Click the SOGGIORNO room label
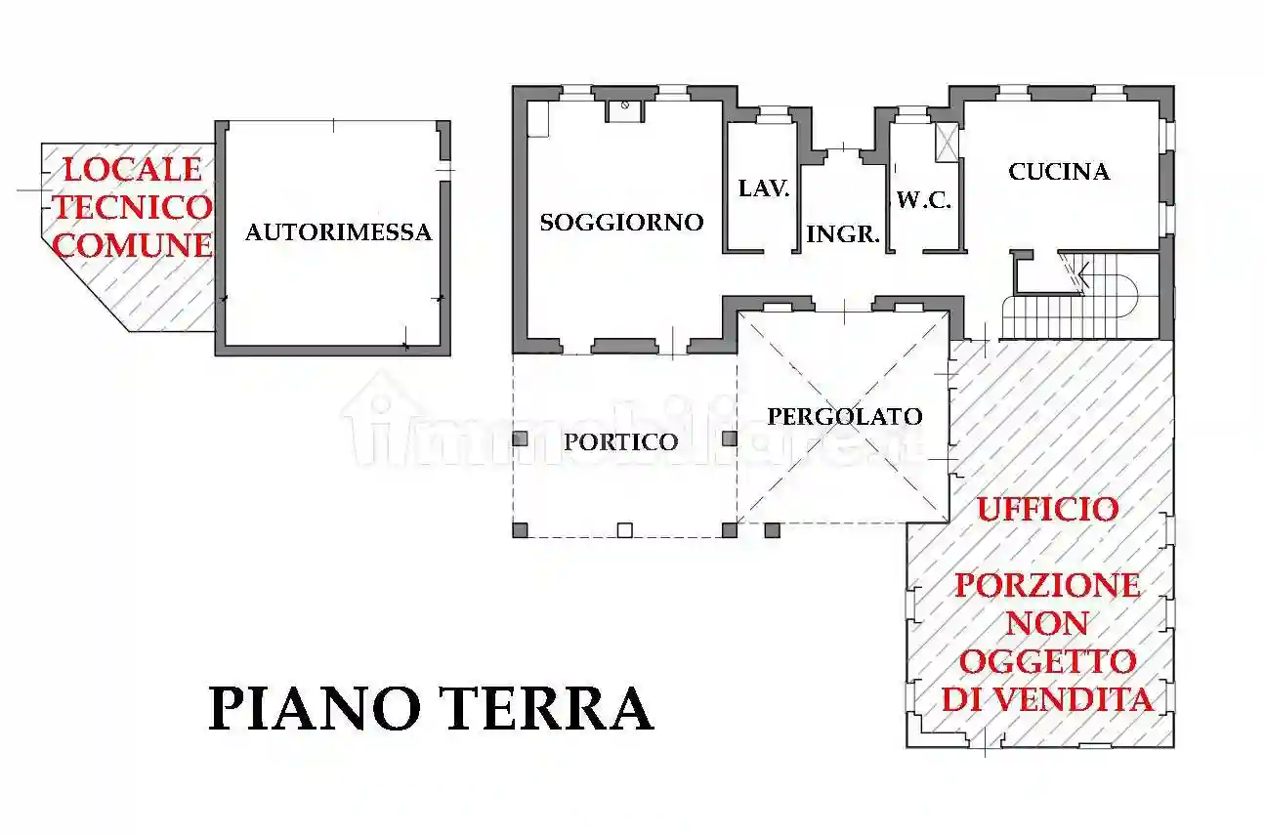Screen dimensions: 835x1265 click(621, 223)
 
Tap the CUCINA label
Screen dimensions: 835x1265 click(1059, 172)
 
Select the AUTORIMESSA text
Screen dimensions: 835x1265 click(338, 232)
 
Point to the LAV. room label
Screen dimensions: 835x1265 click(763, 188)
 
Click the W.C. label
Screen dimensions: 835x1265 click(923, 200)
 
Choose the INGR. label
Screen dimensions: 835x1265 click(844, 234)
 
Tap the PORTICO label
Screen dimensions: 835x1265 click(620, 441)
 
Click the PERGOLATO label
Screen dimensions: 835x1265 click(844, 417)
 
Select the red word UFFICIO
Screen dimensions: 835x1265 click(1047, 509)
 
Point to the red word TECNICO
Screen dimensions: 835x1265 click(132, 207)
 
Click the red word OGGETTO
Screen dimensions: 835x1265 click(1047, 661)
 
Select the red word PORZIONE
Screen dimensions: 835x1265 click(1047, 585)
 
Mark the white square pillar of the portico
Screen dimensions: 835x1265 click(625, 530)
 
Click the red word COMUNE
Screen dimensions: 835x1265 click(132, 245)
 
